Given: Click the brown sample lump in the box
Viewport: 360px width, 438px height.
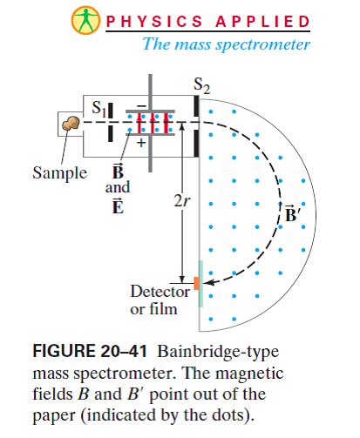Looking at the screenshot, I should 67,125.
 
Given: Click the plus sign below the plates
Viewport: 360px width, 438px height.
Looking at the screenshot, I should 141,144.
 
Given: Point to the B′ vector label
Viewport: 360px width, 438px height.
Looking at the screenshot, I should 294,213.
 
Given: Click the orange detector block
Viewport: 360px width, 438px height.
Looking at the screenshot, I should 197,283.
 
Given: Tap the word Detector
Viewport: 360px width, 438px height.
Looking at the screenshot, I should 160,290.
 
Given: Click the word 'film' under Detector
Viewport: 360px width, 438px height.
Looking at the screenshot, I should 161,308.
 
